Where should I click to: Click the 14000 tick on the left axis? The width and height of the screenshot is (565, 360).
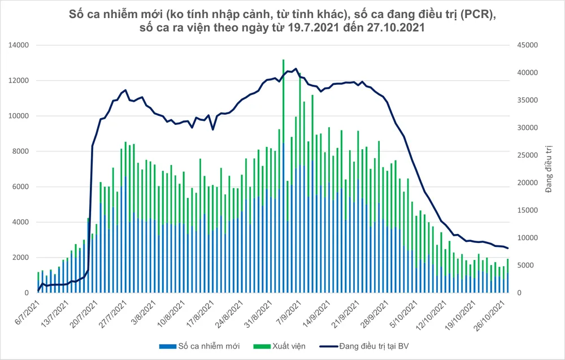[x=21, y=45]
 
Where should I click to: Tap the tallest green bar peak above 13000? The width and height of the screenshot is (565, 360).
[x=283, y=60]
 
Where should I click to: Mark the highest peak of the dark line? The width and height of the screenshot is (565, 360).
[x=296, y=69]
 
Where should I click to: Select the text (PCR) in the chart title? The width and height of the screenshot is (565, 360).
[x=479, y=14]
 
